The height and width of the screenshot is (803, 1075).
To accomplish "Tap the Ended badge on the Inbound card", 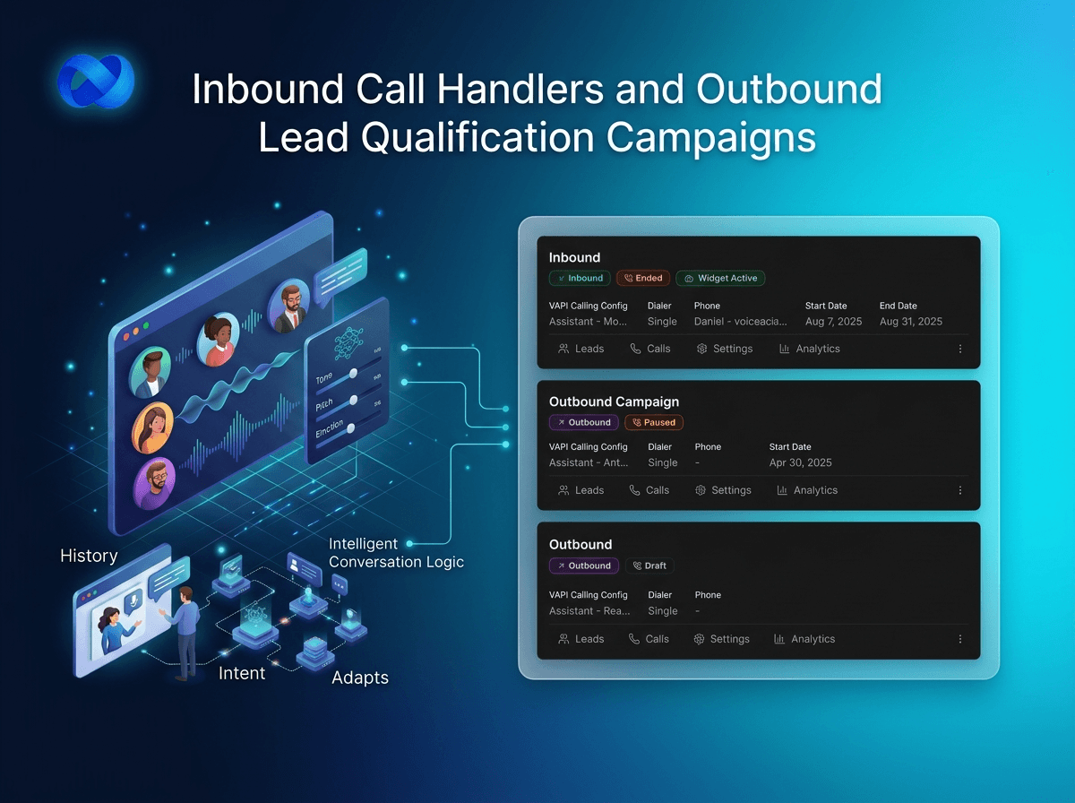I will (642, 278).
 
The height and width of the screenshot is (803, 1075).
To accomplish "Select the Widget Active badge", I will (720, 278).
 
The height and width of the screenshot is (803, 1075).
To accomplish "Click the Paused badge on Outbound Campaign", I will (654, 422).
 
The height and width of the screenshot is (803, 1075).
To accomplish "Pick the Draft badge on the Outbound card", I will (650, 566).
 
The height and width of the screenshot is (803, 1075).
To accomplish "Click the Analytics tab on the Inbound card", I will (809, 349).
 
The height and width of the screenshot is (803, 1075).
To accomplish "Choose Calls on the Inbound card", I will (649, 349).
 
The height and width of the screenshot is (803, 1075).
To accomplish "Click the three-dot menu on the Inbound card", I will (960, 349).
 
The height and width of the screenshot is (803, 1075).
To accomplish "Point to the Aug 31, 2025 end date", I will (910, 321).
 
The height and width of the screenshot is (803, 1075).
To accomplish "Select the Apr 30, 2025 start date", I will (800, 462).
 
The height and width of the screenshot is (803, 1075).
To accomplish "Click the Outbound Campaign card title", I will (614, 401).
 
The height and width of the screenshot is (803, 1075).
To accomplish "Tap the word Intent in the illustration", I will (242, 673).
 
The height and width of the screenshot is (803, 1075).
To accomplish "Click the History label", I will (89, 557).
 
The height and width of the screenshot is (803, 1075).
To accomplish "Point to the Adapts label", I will (360, 678).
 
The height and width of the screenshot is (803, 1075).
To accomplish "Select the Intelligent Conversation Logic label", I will (396, 553).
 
